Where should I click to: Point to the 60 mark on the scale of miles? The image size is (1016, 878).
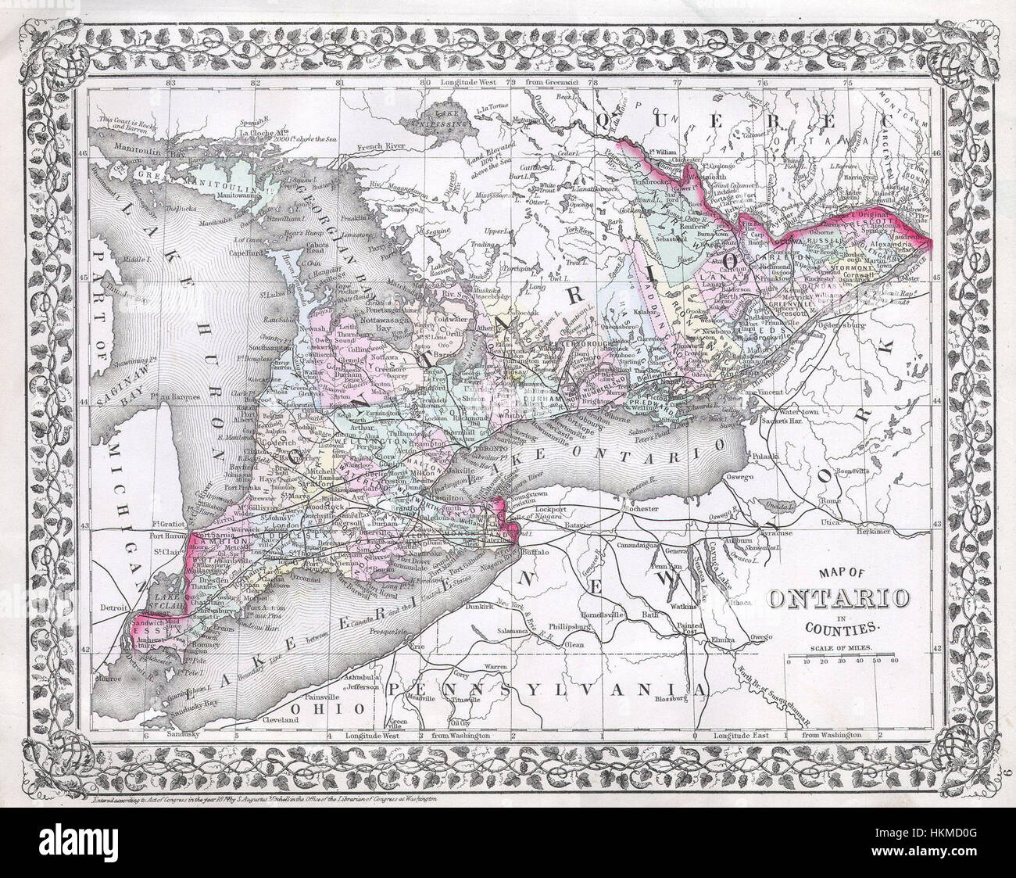coord(894,662)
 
